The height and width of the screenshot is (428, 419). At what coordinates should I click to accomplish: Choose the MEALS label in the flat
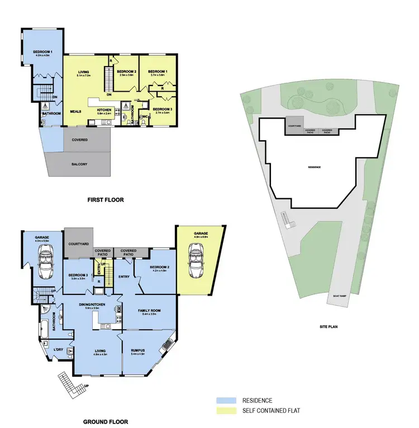click(x=75, y=111)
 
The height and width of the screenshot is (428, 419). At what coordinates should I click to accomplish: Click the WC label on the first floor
click(x=144, y=117)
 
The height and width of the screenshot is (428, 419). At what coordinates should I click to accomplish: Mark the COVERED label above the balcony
click(x=79, y=140)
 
